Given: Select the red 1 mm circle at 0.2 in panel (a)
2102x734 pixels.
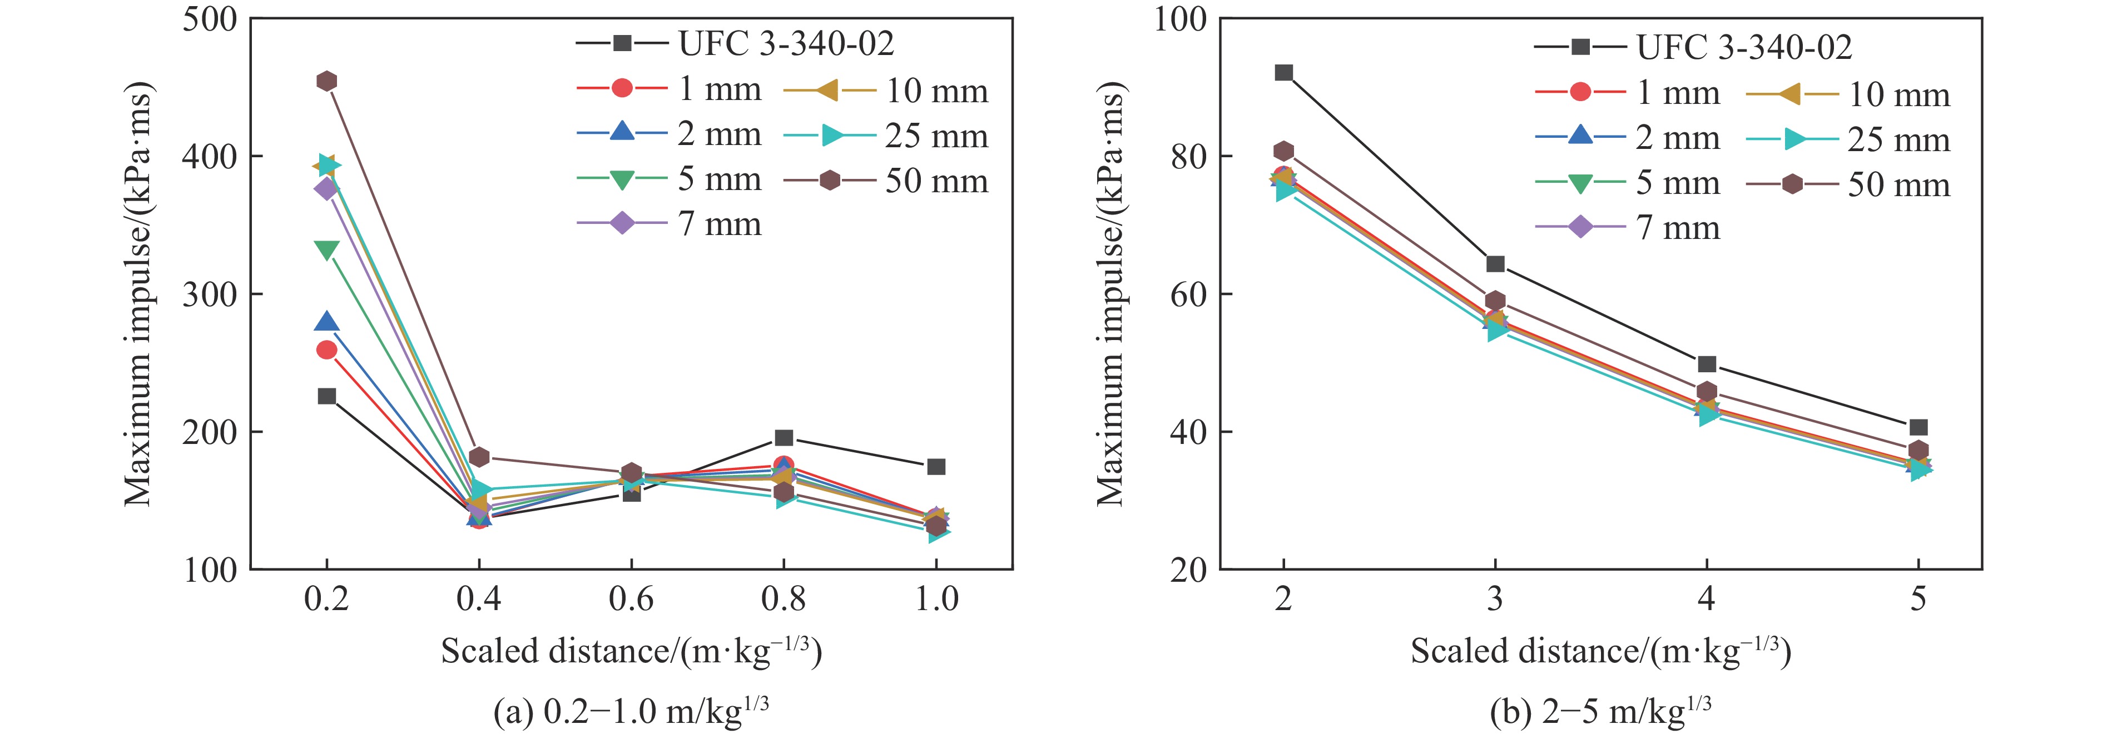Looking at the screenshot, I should coord(326,350).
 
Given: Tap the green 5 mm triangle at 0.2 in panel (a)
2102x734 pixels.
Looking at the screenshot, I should coord(326,251).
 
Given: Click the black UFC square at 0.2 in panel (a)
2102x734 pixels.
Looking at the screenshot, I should coord(326,396).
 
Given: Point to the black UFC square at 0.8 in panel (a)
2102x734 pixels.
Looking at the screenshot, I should coord(784,438).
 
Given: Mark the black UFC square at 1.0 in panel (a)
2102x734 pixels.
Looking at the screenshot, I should coord(936,467).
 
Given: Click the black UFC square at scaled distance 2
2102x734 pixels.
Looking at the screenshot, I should coord(1283,73).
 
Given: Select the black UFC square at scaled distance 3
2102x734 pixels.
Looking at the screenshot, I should coord(1495,263).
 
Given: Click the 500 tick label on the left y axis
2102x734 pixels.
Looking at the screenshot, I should coord(209,19).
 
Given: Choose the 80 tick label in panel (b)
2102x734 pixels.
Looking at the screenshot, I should coord(1188,157).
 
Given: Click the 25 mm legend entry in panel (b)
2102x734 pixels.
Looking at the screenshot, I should coord(1898,140).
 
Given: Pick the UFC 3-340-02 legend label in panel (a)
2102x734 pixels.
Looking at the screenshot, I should coord(786,44).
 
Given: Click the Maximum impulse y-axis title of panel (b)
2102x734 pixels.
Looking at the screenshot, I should coord(1110,293).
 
